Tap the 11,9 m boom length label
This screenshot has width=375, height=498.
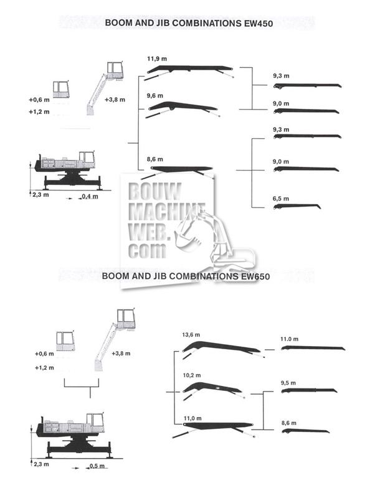pyautogui.click(x=156, y=59)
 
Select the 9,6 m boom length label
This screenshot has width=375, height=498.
pyautogui.click(x=154, y=96)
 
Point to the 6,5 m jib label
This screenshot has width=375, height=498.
pyautogui.click(x=281, y=198)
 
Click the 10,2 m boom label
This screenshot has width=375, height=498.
pyautogui.click(x=191, y=375)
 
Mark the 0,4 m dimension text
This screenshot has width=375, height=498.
pyautogui.click(x=90, y=197)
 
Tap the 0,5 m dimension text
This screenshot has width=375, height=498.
pyautogui.click(x=97, y=466)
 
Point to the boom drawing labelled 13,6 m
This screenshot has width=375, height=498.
pyautogui.click(x=222, y=347)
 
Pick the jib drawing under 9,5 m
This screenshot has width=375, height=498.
pyautogui.click(x=308, y=391)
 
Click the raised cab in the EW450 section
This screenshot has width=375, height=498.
pyautogui.click(x=114, y=69)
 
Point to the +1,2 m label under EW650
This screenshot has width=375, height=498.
pyautogui.click(x=45, y=367)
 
